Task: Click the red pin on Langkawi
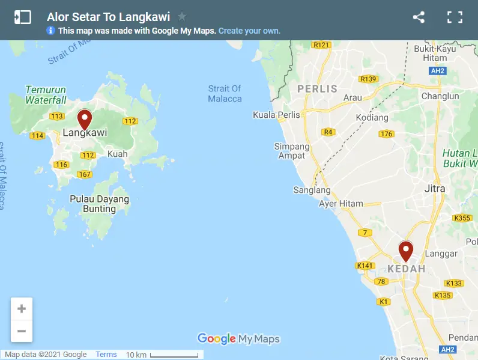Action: (85, 118)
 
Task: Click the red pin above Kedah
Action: (406, 250)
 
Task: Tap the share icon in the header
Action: (419, 17)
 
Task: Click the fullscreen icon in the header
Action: (455, 17)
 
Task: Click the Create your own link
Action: (249, 31)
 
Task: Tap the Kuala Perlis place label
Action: (276, 115)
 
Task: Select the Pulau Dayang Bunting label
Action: (99, 204)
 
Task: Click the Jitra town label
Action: (435, 189)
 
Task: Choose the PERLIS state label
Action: (318, 89)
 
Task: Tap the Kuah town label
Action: (117, 154)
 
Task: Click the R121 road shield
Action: (322, 44)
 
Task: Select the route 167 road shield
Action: (84, 175)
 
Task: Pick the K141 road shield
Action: (365, 266)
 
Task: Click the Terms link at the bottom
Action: (106, 355)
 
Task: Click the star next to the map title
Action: (182, 17)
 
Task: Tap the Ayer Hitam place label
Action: (341, 204)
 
